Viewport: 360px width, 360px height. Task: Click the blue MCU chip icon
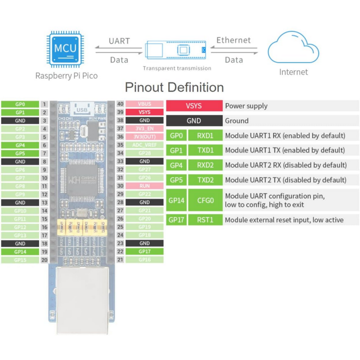66,47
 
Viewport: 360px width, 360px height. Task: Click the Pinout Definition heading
174,87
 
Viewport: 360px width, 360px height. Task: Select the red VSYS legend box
193,106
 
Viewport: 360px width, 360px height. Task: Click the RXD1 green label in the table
205,135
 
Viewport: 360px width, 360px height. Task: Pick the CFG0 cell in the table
205,200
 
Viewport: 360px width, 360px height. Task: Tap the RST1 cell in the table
205,220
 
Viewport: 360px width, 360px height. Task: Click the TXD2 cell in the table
205,180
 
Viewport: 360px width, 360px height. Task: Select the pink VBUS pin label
144,103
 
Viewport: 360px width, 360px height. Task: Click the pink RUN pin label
144,185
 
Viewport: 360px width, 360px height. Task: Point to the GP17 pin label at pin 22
144,252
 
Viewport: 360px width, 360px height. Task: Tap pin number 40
120,104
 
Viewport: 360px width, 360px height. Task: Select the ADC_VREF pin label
144,145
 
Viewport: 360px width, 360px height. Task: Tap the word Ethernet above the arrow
234,40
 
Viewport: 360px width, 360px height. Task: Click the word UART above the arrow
119,41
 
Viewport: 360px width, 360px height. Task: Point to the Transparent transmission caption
177,68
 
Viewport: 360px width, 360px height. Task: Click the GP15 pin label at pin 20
20,260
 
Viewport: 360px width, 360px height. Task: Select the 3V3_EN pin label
144,128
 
